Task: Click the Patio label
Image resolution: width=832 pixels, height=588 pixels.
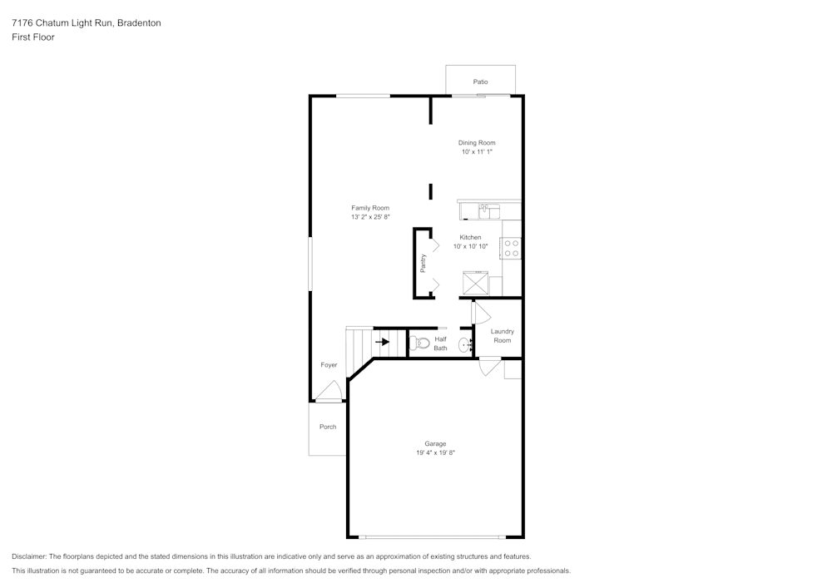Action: coord(480,82)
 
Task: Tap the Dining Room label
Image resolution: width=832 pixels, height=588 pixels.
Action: coord(477,143)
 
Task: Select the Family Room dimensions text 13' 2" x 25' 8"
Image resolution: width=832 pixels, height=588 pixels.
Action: coord(370,217)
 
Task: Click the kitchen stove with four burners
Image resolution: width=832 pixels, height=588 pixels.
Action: coord(511,248)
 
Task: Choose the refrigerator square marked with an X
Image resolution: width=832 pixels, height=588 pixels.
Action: coord(476,283)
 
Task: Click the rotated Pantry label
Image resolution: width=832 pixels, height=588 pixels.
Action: coord(423,263)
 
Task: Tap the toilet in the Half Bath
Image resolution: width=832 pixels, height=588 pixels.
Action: coord(420,343)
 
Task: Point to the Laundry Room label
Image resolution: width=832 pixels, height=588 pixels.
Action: coord(502,336)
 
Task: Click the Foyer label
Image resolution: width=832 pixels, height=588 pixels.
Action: coord(329,365)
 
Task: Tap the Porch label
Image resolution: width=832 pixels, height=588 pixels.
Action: coord(328,427)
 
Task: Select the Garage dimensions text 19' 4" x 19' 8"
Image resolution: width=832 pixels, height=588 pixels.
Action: coord(436,452)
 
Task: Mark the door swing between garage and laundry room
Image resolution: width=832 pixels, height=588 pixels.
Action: coord(489,367)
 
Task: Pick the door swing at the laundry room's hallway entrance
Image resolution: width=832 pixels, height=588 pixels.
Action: coord(480,312)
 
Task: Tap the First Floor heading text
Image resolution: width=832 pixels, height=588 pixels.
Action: coord(33,37)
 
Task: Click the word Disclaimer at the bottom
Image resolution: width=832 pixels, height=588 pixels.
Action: coord(29,556)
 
